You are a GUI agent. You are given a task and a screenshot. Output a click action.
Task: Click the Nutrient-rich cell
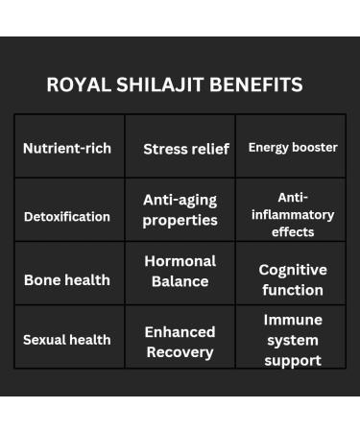pyautogui.click(x=67, y=148)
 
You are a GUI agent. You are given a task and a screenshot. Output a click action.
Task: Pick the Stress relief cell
pyautogui.click(x=186, y=149)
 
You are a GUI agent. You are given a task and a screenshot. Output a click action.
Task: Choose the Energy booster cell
pyautogui.click(x=293, y=148)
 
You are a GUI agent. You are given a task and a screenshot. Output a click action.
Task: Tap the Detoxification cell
pyautogui.click(x=67, y=216)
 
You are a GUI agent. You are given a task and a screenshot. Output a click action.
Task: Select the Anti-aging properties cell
pyautogui.click(x=180, y=209)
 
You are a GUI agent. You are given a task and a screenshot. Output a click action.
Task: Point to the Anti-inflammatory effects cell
pyautogui.click(x=293, y=214)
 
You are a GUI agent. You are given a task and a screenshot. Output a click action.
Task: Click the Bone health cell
pyautogui.click(x=67, y=280)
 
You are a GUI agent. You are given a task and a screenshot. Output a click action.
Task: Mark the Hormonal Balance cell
pyautogui.click(x=180, y=271)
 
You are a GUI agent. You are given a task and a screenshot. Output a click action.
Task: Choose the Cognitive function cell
pyautogui.click(x=293, y=279)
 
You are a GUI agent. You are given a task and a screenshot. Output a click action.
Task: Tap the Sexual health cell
pyautogui.click(x=67, y=339)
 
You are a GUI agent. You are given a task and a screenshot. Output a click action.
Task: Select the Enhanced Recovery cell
pyautogui.click(x=180, y=341)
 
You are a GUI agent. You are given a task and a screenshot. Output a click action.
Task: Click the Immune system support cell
pyautogui.click(x=293, y=340)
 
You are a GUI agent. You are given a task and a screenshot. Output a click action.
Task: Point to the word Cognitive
pyautogui.click(x=293, y=270)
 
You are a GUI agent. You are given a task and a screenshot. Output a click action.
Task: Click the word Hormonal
pyautogui.click(x=180, y=260)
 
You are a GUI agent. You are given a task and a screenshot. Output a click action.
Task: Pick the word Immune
pyautogui.click(x=293, y=320)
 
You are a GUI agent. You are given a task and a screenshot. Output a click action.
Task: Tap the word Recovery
pyautogui.click(x=180, y=351)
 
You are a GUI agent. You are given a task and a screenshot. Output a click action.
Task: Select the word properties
pyautogui.click(x=180, y=220)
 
